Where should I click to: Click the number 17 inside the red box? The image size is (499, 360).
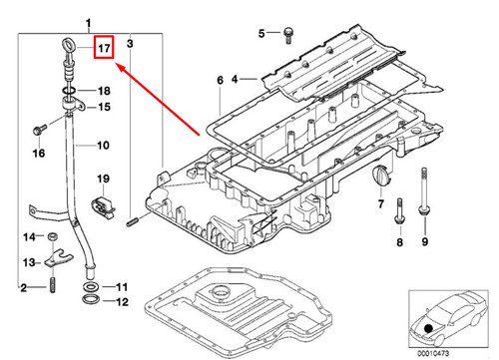click(x=104, y=47)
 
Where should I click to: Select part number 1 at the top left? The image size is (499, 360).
click(x=91, y=22)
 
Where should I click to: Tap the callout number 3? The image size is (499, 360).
click(x=129, y=44)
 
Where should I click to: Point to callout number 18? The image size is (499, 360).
click(x=103, y=91)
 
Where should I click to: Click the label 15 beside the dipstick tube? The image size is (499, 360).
click(x=103, y=107)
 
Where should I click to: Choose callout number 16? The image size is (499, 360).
click(x=39, y=154)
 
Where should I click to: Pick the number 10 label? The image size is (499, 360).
click(x=103, y=146)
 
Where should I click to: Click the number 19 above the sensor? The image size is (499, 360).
click(x=101, y=179)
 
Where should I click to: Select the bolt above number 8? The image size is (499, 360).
click(x=398, y=212)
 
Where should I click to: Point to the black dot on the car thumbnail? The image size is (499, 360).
click(x=428, y=329)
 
